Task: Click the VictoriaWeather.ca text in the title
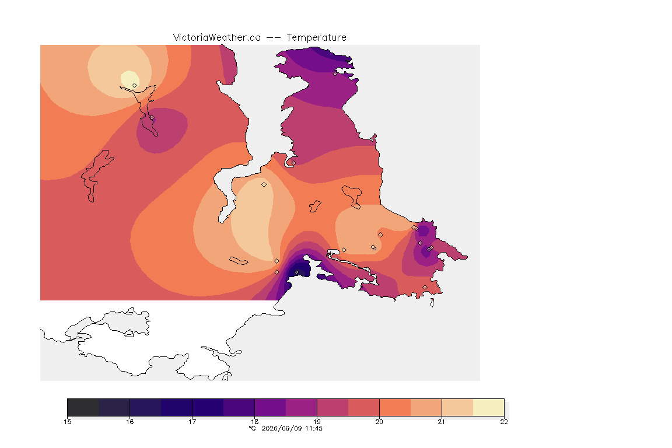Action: (x=217, y=38)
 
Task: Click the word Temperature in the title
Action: (x=316, y=38)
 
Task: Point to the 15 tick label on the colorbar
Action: (x=67, y=422)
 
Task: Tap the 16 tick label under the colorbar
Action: (x=130, y=422)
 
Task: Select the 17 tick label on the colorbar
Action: (x=192, y=422)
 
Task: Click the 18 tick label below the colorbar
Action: (x=254, y=422)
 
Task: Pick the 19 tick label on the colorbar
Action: (x=317, y=422)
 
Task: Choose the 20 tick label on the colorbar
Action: (x=379, y=422)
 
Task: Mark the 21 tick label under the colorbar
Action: (x=442, y=422)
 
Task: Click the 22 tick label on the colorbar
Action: (x=504, y=422)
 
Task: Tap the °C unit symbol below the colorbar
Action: (x=253, y=428)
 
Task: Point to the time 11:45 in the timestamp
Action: (x=314, y=428)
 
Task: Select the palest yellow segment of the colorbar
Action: (x=489, y=407)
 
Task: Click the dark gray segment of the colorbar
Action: (x=83, y=407)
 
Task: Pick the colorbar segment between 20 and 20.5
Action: (x=395, y=407)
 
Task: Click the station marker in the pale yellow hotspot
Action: (x=135, y=85)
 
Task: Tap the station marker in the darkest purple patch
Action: (x=296, y=272)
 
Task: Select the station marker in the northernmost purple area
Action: (x=335, y=73)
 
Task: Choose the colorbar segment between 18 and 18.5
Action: (x=271, y=407)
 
